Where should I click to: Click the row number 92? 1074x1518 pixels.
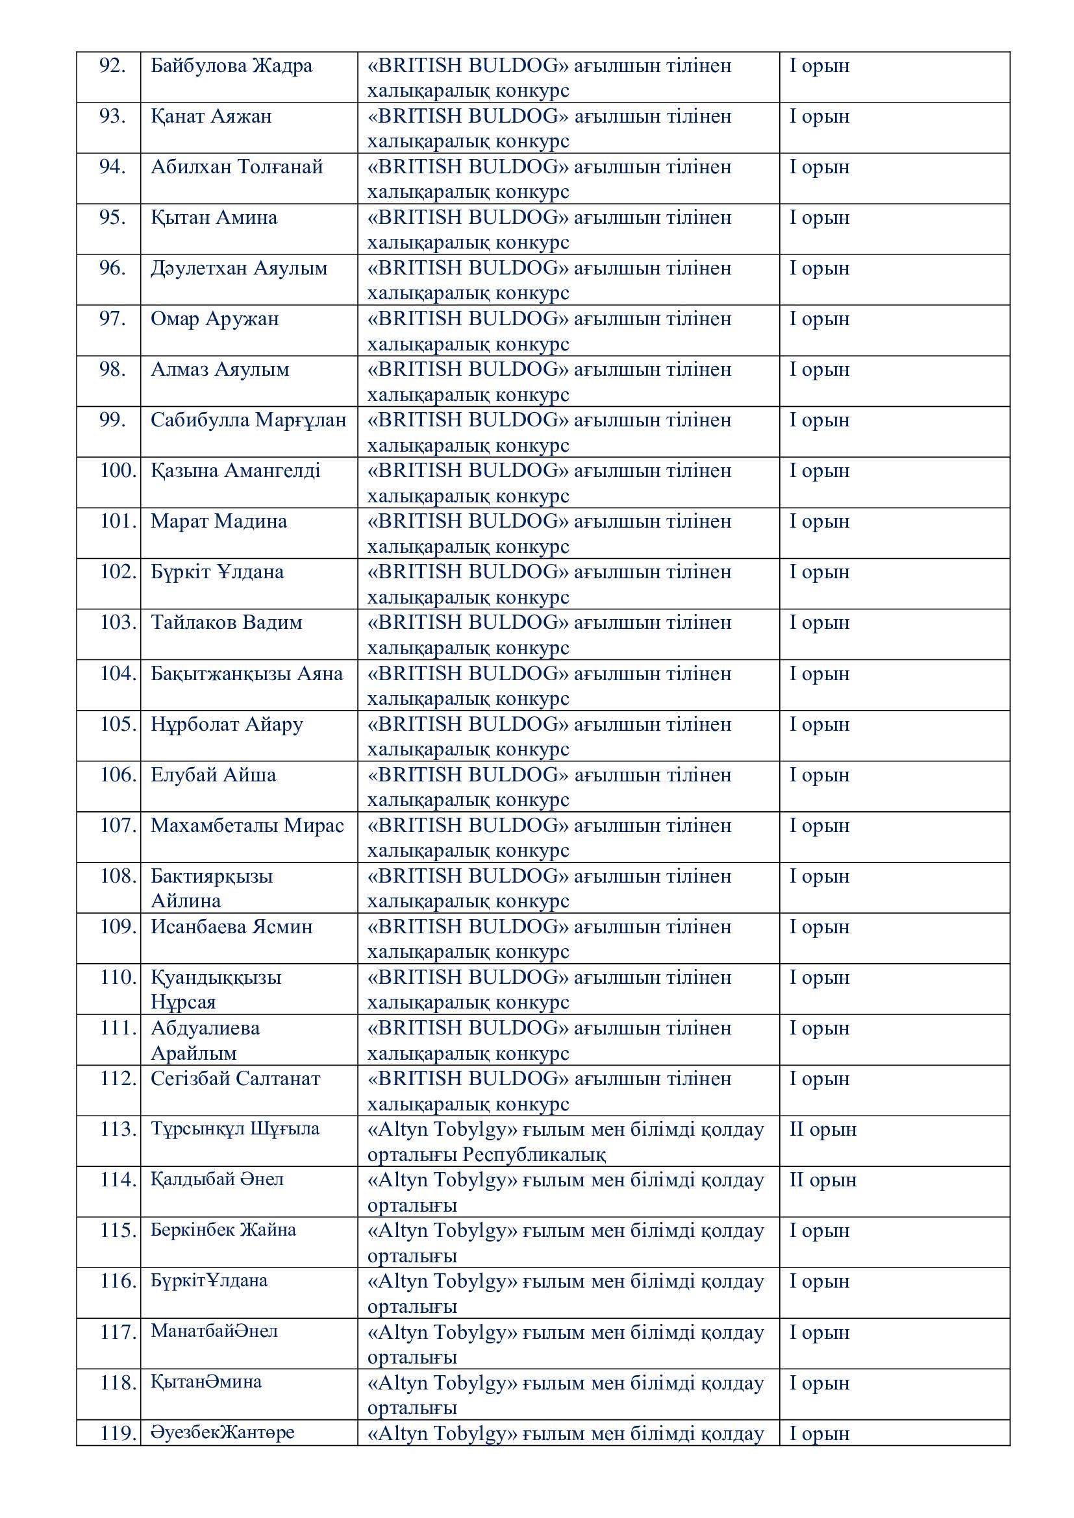[112, 66]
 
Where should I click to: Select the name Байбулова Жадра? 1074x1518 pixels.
[231, 66]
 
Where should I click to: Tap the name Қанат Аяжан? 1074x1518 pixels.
[211, 117]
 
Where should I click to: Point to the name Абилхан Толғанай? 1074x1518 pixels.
[237, 167]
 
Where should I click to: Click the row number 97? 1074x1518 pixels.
[112, 319]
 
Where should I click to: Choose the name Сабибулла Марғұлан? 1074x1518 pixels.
[248, 421]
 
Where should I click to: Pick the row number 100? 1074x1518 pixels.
[118, 471]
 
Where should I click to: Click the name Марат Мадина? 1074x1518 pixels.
[219, 522]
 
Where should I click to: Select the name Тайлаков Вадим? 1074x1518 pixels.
[226, 623]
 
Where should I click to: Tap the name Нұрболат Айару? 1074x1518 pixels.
[227, 725]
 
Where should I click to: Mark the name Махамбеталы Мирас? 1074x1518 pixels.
[247, 826]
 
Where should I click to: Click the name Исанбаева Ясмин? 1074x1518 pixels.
[231, 927]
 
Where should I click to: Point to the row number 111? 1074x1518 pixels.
[118, 1028]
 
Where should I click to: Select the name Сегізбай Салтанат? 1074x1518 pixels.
[236, 1079]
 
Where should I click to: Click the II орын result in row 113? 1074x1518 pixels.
[823, 1130]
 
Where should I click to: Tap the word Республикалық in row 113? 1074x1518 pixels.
[534, 1155]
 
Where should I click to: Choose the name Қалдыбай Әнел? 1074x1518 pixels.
[217, 1179]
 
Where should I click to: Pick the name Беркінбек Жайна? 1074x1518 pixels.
[223, 1230]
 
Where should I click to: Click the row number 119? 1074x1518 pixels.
[118, 1434]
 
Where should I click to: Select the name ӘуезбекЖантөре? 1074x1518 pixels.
[223, 1433]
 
